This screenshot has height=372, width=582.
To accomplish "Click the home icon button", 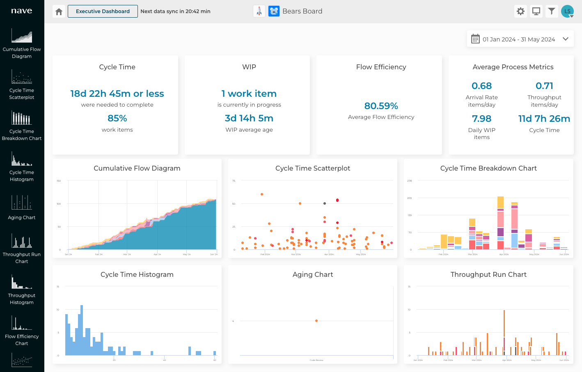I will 59,11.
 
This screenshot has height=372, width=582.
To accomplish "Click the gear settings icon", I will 520,11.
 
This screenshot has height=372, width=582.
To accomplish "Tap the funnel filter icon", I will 552,11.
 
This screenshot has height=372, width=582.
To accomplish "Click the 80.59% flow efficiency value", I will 381,106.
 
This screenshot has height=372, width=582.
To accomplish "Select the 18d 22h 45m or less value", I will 117,94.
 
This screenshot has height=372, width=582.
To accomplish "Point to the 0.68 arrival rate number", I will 481,86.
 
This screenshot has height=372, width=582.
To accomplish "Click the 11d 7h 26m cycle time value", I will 544,119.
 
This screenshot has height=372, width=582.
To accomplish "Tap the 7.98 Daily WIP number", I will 481,119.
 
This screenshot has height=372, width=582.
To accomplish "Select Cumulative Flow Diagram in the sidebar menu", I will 22,43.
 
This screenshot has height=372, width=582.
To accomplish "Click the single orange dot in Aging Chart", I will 316,321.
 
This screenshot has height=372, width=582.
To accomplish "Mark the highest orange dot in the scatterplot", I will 262,194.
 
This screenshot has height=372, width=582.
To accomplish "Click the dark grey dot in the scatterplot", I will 325,203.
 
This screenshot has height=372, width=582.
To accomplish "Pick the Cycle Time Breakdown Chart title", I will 488,168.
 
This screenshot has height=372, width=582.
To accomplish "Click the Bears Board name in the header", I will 302,11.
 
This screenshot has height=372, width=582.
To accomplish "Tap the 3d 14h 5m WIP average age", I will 249,118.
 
